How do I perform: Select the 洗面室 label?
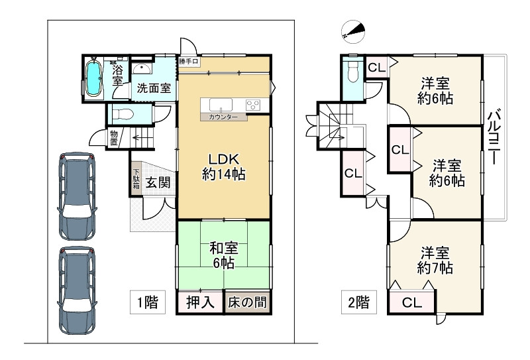tap(154, 88)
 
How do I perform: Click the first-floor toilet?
tap(123, 115)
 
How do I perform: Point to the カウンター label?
tap(225, 117)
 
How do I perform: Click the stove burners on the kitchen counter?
tap(253, 104)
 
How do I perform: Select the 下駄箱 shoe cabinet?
tap(135, 179)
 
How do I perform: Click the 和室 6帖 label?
tap(224, 255)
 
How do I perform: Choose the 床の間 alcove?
tap(248, 302)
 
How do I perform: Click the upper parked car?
tap(78, 194)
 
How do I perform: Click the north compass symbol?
tap(353, 30)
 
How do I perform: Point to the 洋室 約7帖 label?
tap(435, 261)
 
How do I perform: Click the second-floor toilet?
tap(352, 71)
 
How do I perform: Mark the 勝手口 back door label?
tap(189, 62)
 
